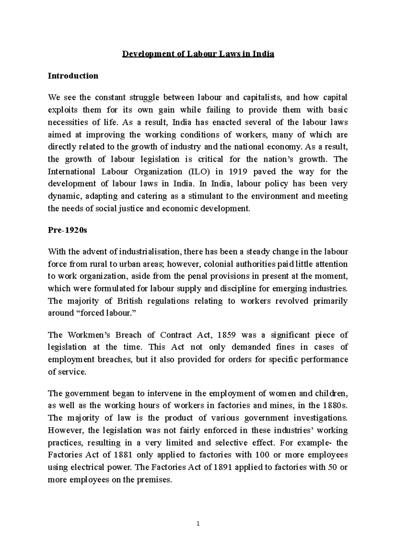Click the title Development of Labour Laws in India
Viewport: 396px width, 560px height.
[x=198, y=54]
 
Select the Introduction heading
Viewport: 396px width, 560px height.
[x=73, y=76]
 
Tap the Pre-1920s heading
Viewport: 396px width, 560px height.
[x=67, y=231]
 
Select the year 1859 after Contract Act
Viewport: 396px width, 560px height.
[x=227, y=335]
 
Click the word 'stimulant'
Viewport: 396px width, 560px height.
[x=206, y=196]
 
